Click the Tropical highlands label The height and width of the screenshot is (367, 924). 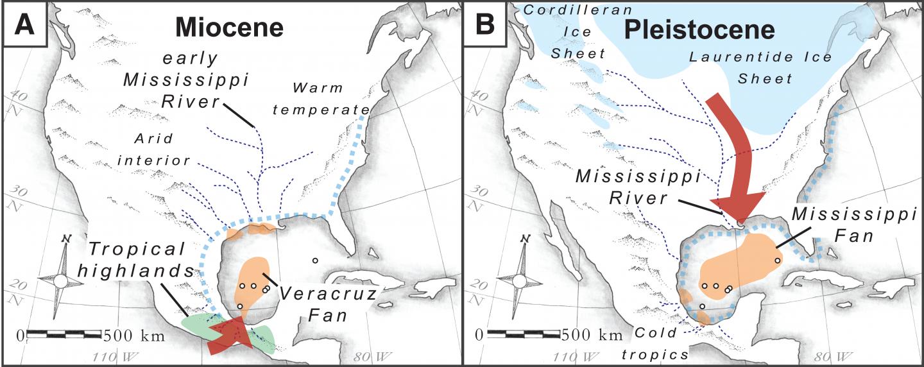tap(139, 259)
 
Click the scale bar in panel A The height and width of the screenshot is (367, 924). tap(64, 334)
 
